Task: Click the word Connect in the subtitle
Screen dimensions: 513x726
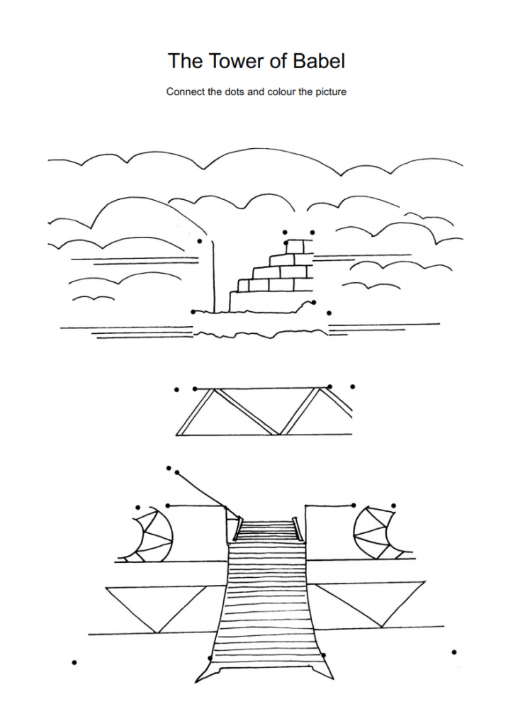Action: click(x=186, y=91)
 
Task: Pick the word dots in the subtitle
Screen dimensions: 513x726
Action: click(x=233, y=91)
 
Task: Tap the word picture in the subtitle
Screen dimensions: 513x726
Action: click(x=329, y=91)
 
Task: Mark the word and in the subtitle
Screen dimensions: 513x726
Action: click(x=255, y=91)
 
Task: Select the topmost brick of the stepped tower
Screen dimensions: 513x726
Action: click(x=299, y=247)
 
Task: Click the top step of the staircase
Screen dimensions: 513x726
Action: click(x=265, y=523)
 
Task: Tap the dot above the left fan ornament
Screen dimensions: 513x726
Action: click(x=137, y=507)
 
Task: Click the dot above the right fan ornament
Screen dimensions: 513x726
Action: click(x=394, y=506)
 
